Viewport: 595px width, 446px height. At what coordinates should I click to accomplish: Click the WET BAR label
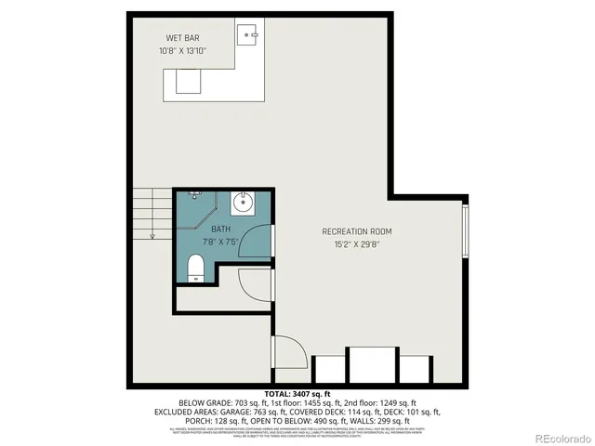[x=180, y=38]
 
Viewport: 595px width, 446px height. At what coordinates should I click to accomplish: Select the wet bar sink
[x=248, y=36]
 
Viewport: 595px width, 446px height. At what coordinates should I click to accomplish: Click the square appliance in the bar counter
[x=188, y=82]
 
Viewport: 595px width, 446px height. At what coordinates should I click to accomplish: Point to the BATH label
[x=220, y=229]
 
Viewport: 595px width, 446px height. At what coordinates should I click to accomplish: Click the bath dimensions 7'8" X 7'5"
[x=220, y=242]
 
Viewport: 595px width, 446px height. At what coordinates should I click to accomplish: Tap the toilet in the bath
[x=196, y=268]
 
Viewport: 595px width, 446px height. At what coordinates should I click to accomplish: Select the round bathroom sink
[x=242, y=203]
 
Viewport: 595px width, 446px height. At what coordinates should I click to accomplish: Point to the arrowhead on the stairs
[x=152, y=236]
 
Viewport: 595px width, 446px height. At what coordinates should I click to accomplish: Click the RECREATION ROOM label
[x=357, y=231]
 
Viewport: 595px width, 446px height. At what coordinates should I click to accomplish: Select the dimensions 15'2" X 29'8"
[x=357, y=244]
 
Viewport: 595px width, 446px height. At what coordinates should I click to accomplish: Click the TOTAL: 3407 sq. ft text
[x=297, y=394]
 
